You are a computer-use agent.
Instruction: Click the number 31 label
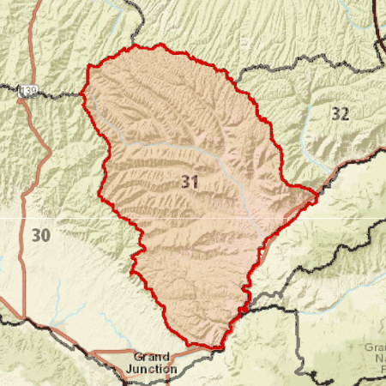click(x=190, y=181)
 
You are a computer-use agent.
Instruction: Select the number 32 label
click(x=341, y=113)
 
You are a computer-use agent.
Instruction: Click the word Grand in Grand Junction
click(x=152, y=357)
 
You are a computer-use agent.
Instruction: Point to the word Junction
click(x=152, y=369)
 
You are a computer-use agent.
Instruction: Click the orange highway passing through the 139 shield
click(x=34, y=129)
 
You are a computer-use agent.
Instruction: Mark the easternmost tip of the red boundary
click(x=317, y=197)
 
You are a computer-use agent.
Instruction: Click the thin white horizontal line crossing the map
click(x=51, y=217)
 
